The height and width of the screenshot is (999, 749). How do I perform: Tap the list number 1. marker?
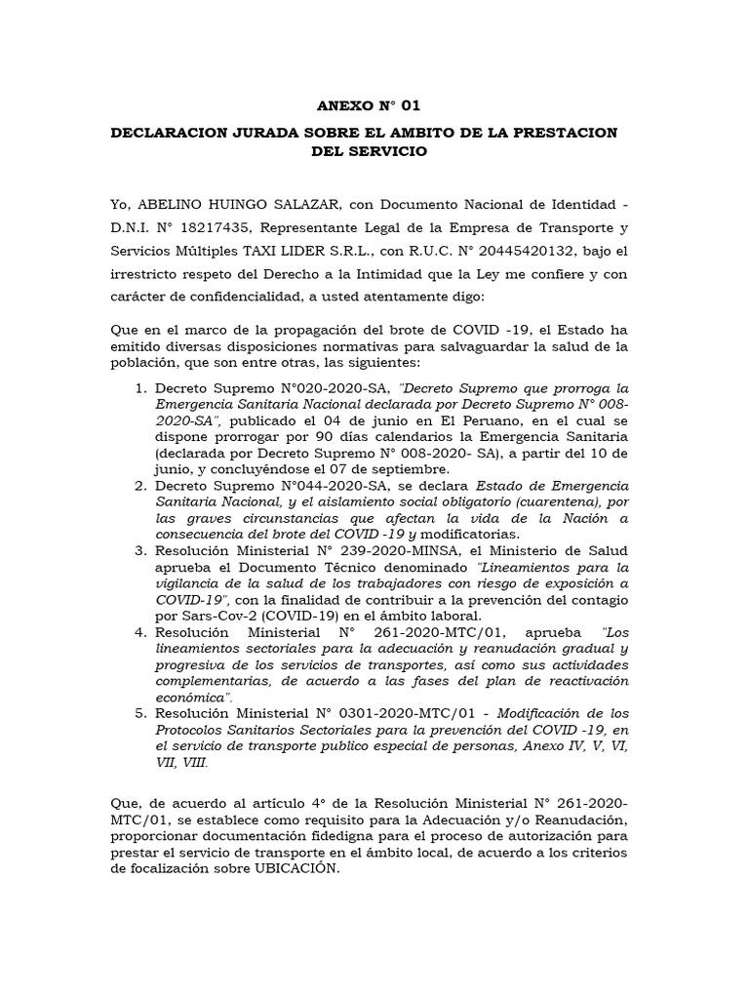(x=141, y=388)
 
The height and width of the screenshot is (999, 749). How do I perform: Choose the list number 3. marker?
(x=141, y=551)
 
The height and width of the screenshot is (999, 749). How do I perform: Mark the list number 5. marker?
(x=141, y=713)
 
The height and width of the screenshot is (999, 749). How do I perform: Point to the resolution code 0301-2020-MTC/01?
(x=416, y=713)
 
